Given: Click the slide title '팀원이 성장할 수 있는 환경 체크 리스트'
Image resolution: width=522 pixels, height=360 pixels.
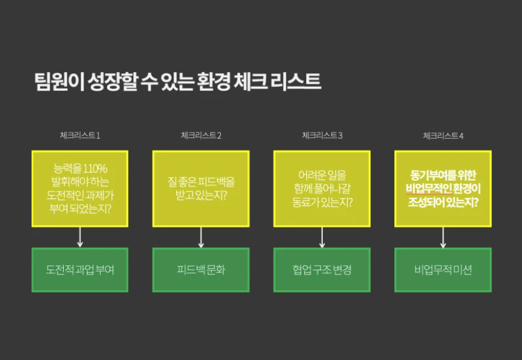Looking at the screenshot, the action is pos(178,81).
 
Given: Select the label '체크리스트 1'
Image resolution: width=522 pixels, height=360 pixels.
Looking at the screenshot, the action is pos(80,135).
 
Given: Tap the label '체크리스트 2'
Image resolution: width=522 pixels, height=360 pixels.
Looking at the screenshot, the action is pos(201,135).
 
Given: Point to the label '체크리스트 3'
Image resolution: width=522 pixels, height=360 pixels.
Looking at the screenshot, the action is pos(322,135).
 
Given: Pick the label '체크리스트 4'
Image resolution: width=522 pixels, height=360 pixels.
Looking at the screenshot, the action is pos(443,135).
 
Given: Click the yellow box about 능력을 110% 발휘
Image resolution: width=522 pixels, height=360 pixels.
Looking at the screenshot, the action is pos(80,189).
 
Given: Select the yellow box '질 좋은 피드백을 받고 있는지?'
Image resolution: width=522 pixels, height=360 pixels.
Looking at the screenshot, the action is pos(201,189).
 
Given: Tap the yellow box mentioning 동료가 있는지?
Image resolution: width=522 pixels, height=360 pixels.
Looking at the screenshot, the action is pos(322,189).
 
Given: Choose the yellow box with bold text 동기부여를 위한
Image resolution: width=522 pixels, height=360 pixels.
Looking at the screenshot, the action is pos(443,189).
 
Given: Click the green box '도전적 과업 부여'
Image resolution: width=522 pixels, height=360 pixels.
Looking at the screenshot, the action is pos(80,270).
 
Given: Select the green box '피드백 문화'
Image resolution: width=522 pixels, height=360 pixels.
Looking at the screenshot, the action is pos(201,270).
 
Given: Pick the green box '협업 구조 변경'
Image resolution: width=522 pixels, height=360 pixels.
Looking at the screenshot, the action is pos(322,270).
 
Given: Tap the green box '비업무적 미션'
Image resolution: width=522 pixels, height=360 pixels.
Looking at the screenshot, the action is pos(443,270).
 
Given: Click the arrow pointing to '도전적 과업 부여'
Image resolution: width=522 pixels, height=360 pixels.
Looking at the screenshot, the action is pos(80,237).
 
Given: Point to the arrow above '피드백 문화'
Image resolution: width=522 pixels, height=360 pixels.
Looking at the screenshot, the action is pos(201,237).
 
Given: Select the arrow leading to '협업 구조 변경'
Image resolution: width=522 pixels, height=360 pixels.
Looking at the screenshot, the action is pos(322,237).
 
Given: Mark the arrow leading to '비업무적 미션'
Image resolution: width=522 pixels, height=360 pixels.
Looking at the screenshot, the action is pos(443,237).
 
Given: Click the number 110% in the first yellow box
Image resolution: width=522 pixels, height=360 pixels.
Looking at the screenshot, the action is pos(95,169).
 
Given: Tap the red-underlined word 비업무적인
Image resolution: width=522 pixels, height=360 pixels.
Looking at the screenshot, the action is pos(429,189).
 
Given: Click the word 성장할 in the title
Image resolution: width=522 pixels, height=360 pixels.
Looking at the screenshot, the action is pos(112,81).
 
